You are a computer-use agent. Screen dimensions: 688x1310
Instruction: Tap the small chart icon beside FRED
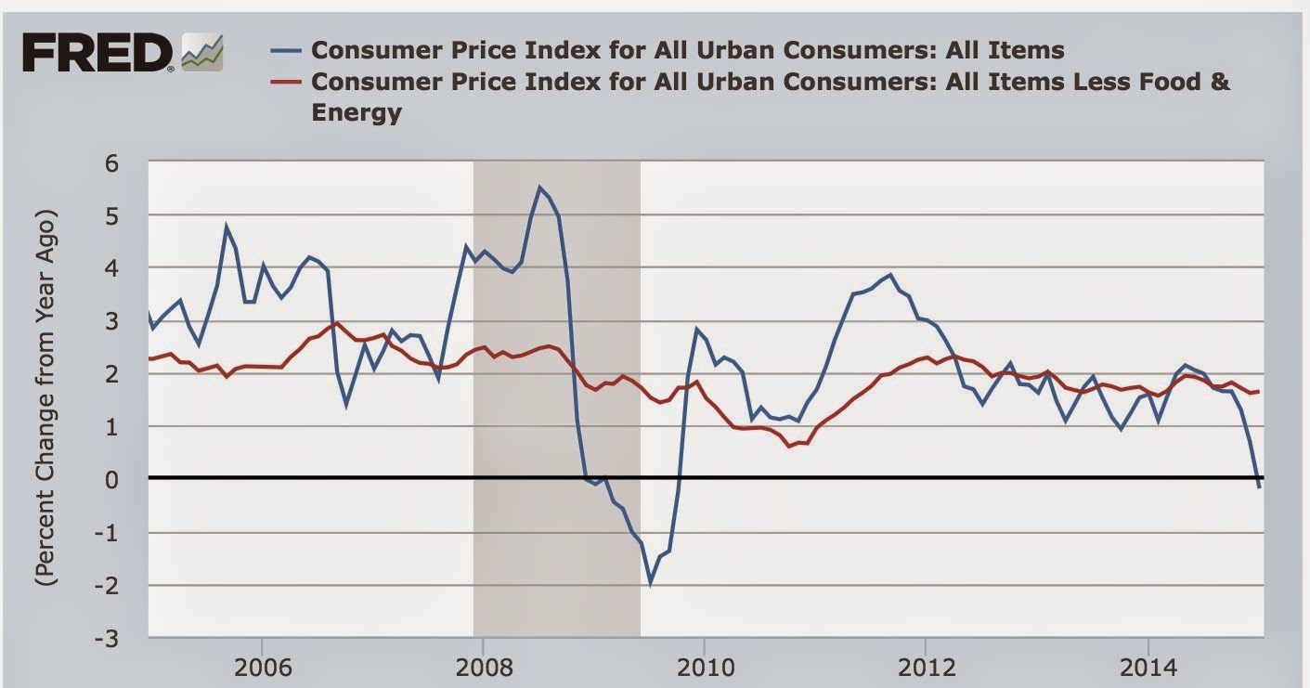coord(202,52)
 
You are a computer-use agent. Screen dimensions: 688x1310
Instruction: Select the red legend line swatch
coord(292,82)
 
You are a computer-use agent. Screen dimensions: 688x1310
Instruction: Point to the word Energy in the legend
coord(357,113)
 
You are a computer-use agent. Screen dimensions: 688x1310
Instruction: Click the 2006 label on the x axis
coord(262,668)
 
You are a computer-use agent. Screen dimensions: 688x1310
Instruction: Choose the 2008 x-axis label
coord(482,668)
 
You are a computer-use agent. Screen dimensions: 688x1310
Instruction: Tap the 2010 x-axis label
coord(704,668)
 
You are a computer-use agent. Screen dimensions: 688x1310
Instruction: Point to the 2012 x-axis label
coord(925,668)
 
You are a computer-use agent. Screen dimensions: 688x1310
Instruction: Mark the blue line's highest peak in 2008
coord(539,187)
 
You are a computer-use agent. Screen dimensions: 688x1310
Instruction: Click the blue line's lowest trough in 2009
coord(650,583)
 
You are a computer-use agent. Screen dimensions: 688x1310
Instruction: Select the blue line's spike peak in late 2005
coord(226,225)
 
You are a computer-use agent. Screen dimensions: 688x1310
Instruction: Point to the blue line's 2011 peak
coord(889,275)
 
